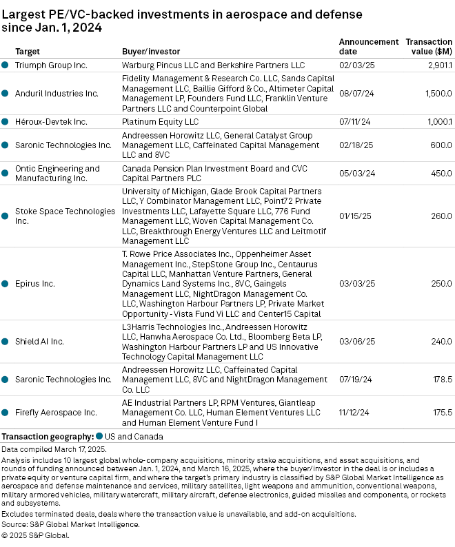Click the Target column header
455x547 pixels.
(27, 52)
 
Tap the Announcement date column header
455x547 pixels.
(368, 46)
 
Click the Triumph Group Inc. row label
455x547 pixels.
(51, 65)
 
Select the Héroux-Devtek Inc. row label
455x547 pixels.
(51, 121)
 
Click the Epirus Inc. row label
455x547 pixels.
(34, 283)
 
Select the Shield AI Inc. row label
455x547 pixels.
(39, 341)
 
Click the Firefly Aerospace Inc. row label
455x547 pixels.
(56, 413)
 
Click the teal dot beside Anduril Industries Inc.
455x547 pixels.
(6, 93)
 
